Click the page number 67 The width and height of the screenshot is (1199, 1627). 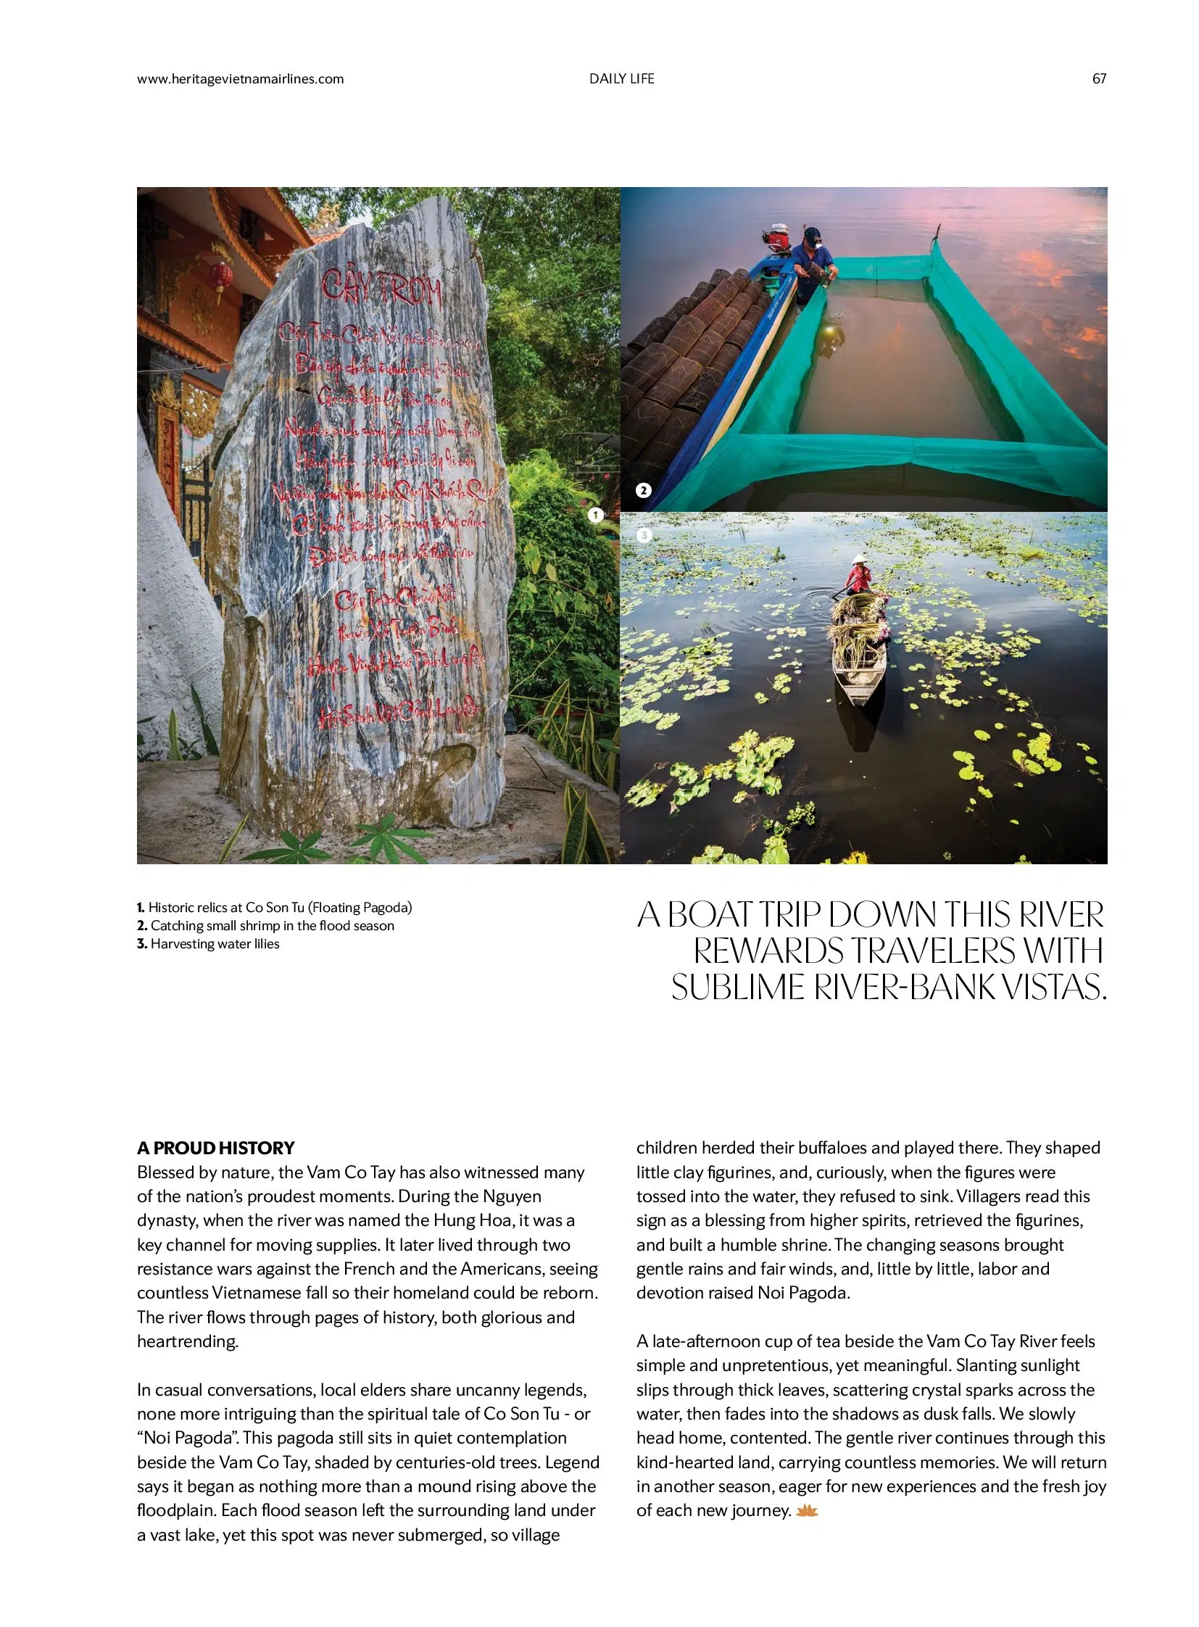pos(1099,78)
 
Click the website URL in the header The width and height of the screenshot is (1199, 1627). pos(240,78)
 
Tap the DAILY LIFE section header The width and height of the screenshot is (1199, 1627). pos(621,78)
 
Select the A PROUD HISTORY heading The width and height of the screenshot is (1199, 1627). pos(215,1148)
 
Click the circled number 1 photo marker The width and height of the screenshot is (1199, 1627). pos(595,515)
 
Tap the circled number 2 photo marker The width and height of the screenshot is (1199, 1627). pos(643,490)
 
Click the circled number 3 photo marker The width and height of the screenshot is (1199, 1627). pos(643,536)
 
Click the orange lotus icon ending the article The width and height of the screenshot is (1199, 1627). pos(807,1511)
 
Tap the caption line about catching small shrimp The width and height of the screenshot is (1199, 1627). pos(265,926)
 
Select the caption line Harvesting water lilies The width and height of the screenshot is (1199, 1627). pos(208,944)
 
